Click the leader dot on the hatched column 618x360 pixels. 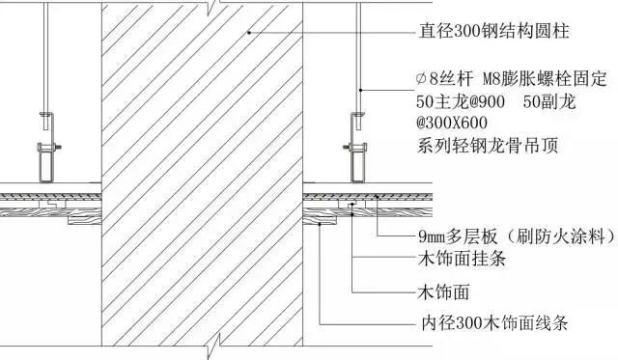pos(248,32)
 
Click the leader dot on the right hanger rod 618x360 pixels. pos(358,89)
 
